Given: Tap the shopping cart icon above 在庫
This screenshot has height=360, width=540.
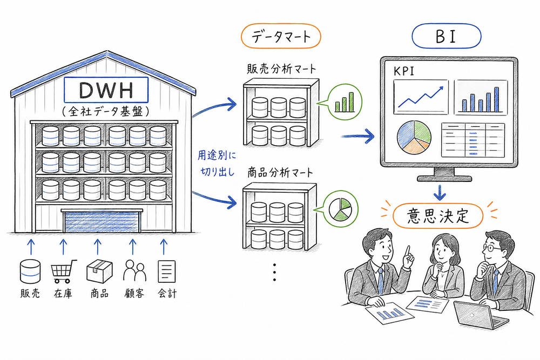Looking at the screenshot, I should [x=63, y=271].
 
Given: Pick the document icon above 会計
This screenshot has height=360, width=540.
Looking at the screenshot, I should [x=166, y=271].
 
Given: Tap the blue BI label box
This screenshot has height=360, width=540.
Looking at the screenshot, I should [x=446, y=37].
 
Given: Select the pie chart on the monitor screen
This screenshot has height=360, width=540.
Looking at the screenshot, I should [x=414, y=135].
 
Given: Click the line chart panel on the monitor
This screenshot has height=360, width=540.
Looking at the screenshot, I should [x=421, y=97].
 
